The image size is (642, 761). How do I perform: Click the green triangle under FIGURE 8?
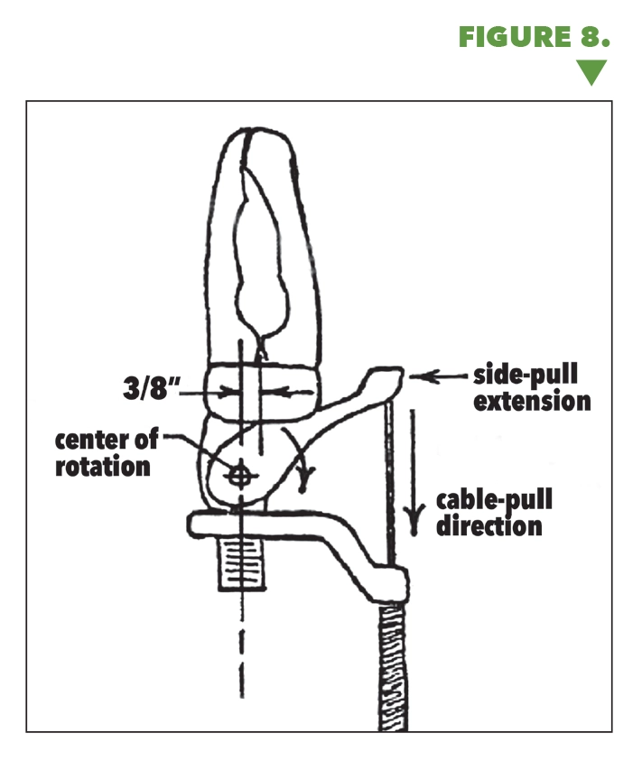point(591,71)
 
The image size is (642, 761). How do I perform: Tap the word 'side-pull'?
point(531,375)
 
